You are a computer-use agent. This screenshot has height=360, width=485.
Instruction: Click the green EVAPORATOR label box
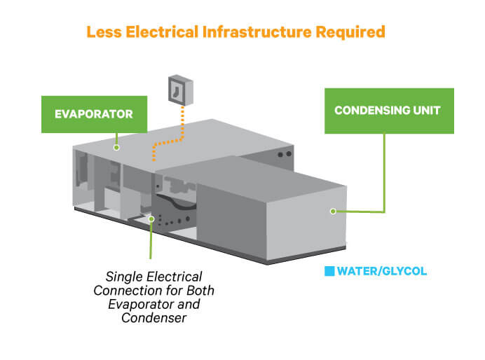point(94,113)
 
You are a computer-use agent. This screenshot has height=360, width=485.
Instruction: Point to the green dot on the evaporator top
point(118,146)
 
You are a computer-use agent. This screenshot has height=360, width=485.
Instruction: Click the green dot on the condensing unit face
point(333,210)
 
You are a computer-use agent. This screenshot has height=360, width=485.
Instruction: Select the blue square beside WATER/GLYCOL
point(329,271)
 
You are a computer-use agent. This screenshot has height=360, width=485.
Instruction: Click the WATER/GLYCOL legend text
point(381,271)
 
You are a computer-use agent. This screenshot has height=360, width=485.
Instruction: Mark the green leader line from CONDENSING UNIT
point(384,175)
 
